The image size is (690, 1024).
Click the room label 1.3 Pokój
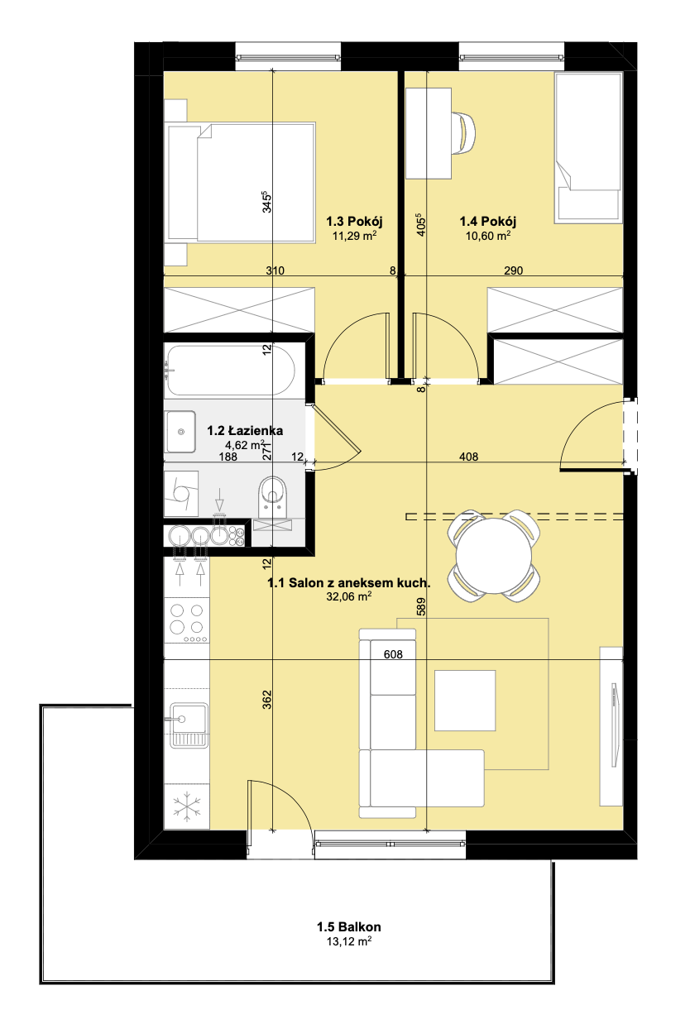click(354, 222)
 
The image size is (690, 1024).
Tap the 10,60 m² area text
click(488, 236)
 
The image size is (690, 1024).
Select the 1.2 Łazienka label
click(245, 431)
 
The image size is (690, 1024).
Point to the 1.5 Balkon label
click(349, 926)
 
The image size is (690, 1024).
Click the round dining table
click(494, 556)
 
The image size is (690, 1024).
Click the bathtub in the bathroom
click(231, 370)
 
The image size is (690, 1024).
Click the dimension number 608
click(393, 654)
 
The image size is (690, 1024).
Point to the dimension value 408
click(469, 457)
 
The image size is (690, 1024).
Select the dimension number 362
click(267, 700)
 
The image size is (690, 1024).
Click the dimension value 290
click(513, 270)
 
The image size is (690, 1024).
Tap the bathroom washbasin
click(180, 432)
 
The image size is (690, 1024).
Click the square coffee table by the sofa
click(465, 701)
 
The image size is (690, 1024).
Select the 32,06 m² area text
click(349, 596)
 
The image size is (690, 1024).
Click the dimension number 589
click(421, 606)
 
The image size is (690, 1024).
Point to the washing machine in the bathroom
click(181, 494)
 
